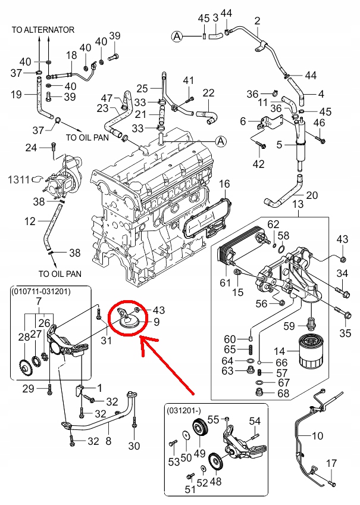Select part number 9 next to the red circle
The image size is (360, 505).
[157, 323]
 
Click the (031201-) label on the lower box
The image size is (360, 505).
[185, 411]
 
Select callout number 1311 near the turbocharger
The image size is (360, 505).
[18, 178]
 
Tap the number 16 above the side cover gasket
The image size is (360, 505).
[224, 185]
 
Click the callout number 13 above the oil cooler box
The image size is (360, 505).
[298, 204]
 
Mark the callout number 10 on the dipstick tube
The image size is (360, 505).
[317, 436]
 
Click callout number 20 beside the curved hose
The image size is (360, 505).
[312, 195]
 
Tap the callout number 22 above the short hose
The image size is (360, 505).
[208, 93]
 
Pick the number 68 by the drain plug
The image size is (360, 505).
[283, 393]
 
